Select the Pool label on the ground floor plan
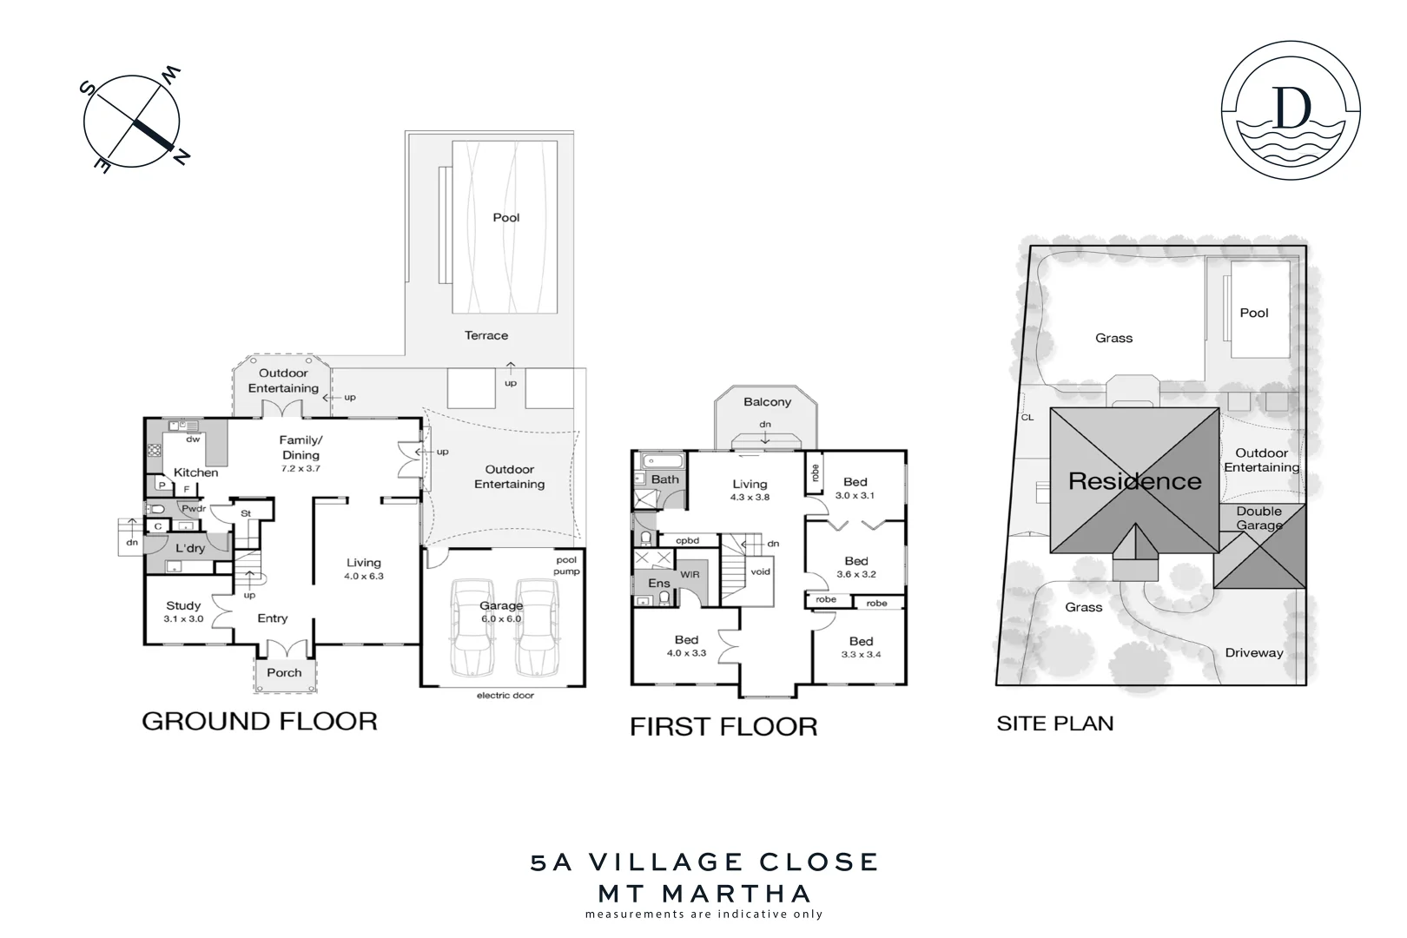click(505, 218)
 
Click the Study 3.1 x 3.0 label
click(183, 611)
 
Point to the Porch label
click(284, 672)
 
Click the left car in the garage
click(472, 627)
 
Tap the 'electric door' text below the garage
click(505, 695)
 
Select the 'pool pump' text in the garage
click(566, 565)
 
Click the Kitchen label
click(196, 472)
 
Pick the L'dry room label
click(190, 548)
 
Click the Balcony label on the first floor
click(767, 402)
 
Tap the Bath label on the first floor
click(665, 479)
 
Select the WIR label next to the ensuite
click(690, 574)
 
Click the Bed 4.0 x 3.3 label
click(686, 646)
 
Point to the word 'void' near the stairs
click(760, 571)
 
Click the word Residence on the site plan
click(1134, 481)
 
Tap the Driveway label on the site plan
click(1253, 652)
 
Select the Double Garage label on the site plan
click(1259, 519)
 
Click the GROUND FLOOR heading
click(259, 721)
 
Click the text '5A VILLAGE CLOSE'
click(704, 862)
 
